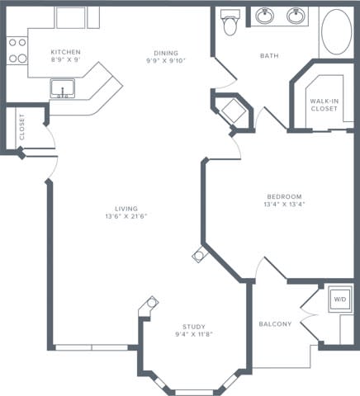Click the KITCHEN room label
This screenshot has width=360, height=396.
65,52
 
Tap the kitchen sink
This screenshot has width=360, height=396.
62,88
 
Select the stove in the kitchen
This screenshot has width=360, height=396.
16,50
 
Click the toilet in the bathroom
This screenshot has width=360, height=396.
230,23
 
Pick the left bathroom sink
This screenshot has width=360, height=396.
266,16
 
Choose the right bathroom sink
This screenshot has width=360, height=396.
295,16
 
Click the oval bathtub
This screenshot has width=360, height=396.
334,33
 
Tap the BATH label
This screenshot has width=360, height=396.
269,57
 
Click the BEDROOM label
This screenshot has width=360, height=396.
284,196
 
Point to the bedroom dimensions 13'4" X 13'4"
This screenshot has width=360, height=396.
284,205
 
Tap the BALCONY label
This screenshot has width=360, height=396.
275,324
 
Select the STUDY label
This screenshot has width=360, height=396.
195,328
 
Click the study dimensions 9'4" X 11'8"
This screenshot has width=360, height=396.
195,336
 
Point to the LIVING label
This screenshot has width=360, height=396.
126,209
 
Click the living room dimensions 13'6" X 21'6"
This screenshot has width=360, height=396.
126,217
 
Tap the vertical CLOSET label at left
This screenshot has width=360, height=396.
21,127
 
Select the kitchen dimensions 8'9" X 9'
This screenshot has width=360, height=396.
65,60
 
